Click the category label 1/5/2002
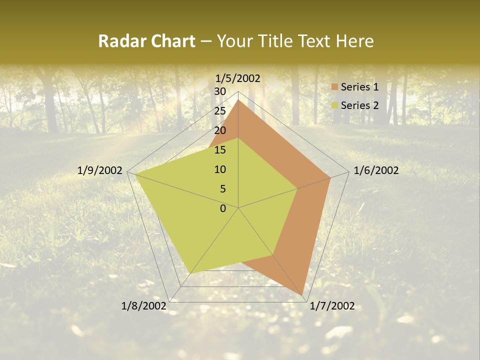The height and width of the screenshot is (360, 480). click(238, 78)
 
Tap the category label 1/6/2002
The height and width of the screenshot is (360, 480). click(376, 170)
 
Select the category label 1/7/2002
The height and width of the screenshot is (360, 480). click(332, 306)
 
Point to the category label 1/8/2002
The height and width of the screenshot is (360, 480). click(144, 306)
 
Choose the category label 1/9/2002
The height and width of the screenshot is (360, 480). click(100, 170)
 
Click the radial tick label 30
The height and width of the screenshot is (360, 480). click(220, 91)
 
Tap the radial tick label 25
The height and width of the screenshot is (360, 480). click(220, 111)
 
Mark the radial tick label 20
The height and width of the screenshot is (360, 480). click(220, 130)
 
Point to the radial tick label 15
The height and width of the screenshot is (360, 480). click(220, 150)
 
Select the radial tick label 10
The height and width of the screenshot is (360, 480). click(220, 169)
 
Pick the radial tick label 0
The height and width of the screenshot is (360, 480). click(223, 208)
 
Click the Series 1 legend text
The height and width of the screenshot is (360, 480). click(359, 87)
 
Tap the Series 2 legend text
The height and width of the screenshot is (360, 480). click(359, 105)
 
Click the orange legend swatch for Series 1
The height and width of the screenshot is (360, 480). click(335, 87)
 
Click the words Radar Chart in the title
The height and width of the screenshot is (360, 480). click(146, 41)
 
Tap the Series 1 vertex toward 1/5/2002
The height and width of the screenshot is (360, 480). click(238, 100)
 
